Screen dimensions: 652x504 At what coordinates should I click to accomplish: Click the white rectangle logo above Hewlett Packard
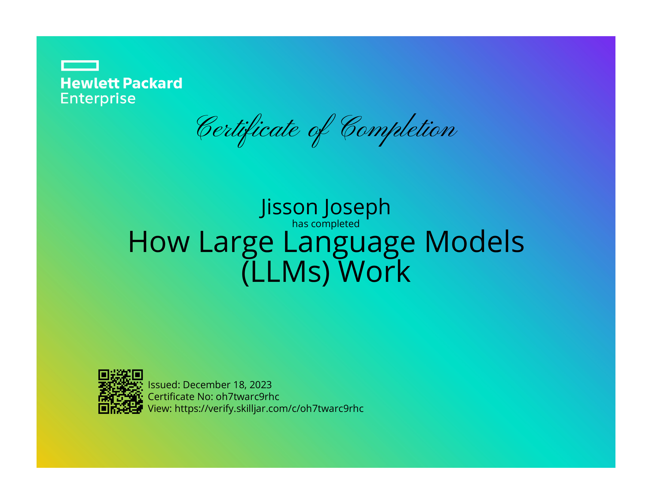pyautogui.click(x=80, y=65)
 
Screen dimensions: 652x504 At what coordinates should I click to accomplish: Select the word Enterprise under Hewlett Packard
pyautogui.click(x=98, y=99)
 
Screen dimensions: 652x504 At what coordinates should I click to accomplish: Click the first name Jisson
pyautogui.click(x=289, y=207)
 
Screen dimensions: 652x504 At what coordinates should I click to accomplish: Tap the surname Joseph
pyautogui.click(x=356, y=207)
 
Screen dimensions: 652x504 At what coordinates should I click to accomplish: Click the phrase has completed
pyautogui.click(x=326, y=224)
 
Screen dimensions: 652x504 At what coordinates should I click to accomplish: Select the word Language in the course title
pyautogui.click(x=349, y=243)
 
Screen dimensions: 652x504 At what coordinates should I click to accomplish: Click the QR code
pyautogui.click(x=121, y=391)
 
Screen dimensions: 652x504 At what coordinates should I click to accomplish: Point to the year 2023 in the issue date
pyautogui.click(x=261, y=385)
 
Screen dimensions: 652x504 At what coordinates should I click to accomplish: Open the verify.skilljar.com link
pyautogui.click(x=269, y=409)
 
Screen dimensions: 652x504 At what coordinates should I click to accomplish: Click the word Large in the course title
pyautogui.click(x=236, y=243)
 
